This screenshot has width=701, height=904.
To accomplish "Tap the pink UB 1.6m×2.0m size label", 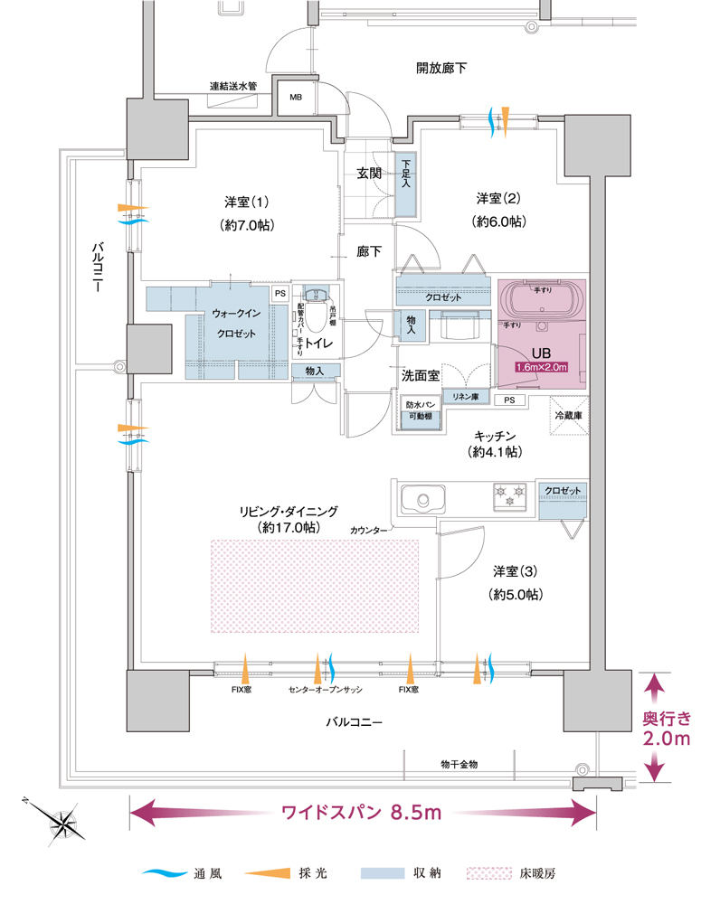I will tap(541, 367).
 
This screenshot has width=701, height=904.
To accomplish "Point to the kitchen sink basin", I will tap(421, 499).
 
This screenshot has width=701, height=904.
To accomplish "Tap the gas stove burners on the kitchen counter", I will tap(508, 494).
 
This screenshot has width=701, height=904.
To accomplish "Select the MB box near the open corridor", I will tap(296, 98).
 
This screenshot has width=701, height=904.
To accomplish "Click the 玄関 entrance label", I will tap(368, 173).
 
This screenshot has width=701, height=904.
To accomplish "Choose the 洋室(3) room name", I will tap(516, 572).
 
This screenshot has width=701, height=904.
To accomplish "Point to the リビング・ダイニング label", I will tap(289, 511).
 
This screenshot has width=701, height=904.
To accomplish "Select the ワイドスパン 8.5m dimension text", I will tap(361, 812).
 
